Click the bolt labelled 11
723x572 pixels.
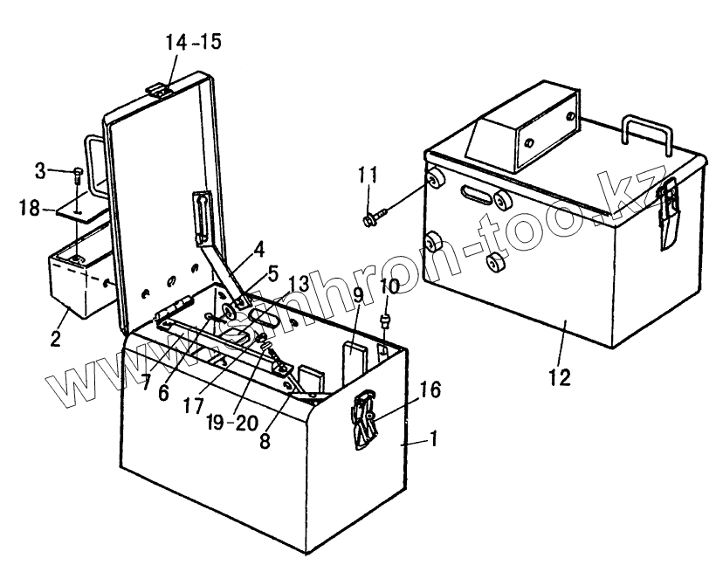click(x=371, y=218)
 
